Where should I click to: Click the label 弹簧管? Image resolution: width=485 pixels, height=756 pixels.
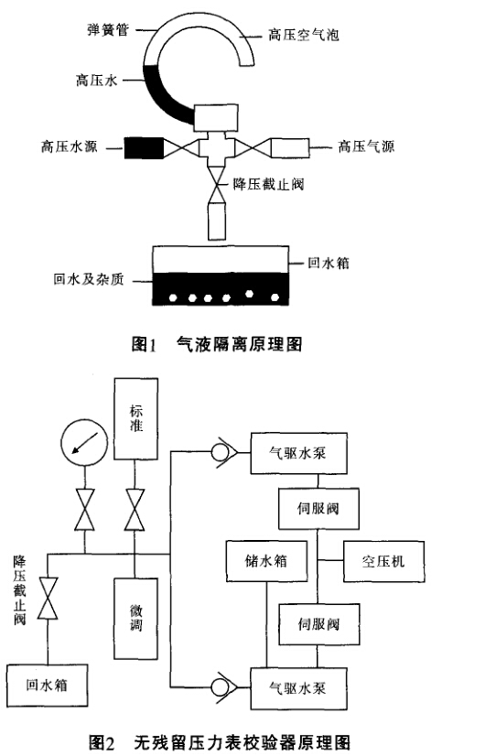108,30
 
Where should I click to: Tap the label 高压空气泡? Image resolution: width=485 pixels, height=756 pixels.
304,35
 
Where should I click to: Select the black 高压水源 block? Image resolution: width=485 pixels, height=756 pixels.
144,147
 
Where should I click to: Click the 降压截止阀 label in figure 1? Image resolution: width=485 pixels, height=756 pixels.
268,184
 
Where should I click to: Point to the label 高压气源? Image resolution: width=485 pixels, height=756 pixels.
366,146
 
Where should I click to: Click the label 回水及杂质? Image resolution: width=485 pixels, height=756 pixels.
89,279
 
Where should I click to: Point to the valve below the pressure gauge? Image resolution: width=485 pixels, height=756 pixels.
84,510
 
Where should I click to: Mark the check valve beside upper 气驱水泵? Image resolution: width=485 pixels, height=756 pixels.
223,452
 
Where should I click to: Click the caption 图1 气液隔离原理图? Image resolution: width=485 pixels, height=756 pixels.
217,344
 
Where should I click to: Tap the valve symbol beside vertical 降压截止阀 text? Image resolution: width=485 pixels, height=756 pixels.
48,598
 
